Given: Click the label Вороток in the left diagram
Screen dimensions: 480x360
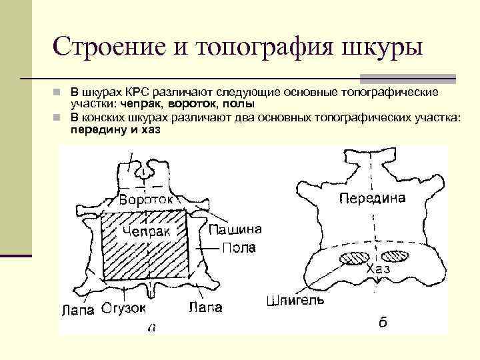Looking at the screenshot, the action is (x=147, y=199).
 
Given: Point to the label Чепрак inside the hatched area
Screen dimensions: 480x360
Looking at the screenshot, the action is (x=146, y=231).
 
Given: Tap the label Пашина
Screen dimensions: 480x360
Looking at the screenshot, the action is (x=235, y=230).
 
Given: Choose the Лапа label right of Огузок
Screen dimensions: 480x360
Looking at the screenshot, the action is (x=205, y=308).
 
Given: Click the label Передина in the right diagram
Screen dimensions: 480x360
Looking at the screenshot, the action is (x=372, y=198).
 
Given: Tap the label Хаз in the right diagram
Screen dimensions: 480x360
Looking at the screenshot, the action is (x=378, y=269).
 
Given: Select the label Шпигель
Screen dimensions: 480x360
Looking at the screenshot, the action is (x=295, y=300).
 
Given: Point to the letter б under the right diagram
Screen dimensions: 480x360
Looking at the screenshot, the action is (x=383, y=323).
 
